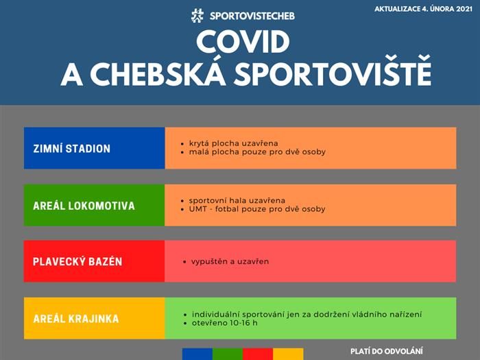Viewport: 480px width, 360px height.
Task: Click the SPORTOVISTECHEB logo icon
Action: click(x=197, y=16)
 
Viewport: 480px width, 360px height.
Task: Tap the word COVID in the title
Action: click(x=243, y=42)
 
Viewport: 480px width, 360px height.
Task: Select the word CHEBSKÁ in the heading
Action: click(x=158, y=74)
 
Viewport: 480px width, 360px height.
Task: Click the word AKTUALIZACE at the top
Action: click(x=397, y=9)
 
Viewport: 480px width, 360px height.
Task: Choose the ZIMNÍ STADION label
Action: click(x=71, y=149)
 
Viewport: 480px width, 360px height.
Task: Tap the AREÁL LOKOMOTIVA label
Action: click(x=84, y=206)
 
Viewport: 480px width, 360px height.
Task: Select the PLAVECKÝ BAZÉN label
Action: click(x=77, y=261)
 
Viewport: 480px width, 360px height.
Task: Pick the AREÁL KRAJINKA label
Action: click(x=76, y=319)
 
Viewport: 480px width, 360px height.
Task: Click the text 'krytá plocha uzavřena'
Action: click(x=234, y=143)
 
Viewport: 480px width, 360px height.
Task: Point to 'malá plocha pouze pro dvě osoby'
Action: click(x=257, y=152)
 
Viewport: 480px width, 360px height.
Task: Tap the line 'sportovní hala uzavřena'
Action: click(x=237, y=200)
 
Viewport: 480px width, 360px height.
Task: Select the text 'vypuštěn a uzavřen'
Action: click(x=230, y=262)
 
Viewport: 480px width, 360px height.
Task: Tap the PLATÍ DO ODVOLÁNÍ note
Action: click(x=387, y=351)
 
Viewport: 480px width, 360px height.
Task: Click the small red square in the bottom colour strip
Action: click(x=258, y=354)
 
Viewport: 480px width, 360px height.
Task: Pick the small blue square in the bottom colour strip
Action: click(x=197, y=354)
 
